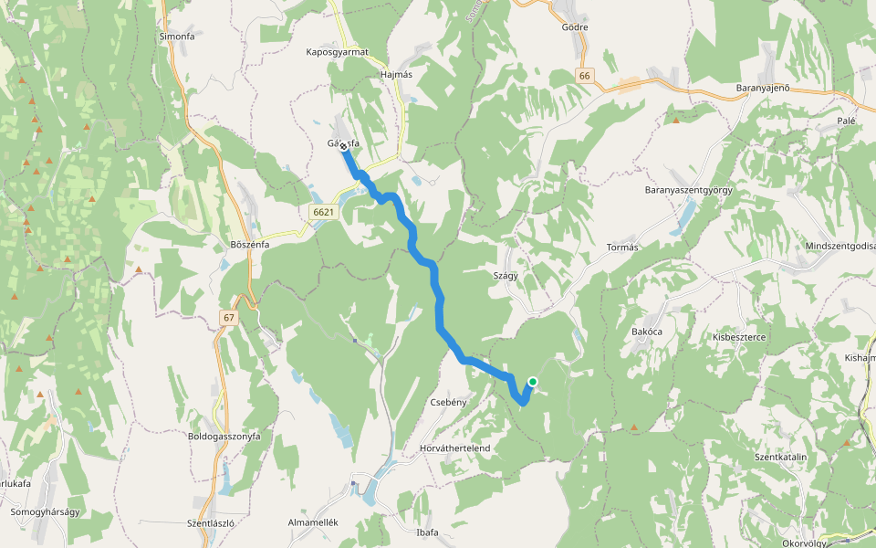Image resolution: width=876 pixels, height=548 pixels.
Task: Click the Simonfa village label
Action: coord(177,36)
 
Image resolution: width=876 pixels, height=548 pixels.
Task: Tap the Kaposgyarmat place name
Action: coord(337,52)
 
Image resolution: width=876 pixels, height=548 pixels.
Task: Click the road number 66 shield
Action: coord(585,76)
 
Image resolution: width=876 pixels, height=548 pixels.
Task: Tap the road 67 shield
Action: coord(228,317)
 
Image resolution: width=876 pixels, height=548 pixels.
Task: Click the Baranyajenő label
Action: coord(762,88)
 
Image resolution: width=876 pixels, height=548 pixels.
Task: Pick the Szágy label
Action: coord(506,275)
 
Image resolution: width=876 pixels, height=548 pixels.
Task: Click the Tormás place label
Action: coord(621,248)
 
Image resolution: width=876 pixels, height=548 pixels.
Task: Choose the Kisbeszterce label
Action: coord(739,337)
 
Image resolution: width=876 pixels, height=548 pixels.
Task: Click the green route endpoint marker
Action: coord(532,383)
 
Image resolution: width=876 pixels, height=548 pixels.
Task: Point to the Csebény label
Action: coord(448,402)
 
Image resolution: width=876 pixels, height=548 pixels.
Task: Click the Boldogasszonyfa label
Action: coord(224,437)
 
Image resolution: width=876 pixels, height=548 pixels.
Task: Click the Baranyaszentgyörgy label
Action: coord(689,190)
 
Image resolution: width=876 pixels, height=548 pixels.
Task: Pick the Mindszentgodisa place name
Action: coord(839,247)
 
